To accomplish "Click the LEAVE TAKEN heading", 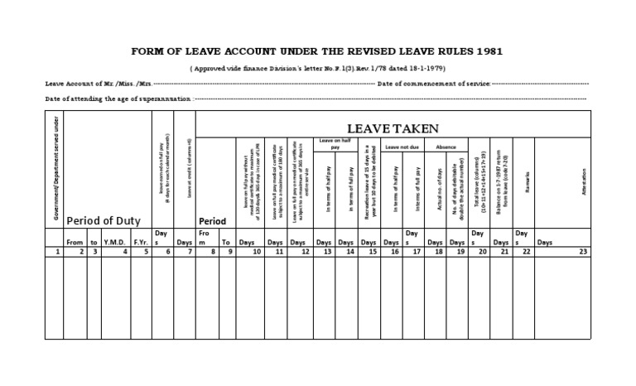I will (x=392, y=128).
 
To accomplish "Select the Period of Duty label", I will (x=104, y=220).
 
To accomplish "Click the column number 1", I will (x=55, y=251).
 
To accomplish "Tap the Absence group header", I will (x=446, y=147).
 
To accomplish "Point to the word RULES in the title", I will (x=453, y=51).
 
